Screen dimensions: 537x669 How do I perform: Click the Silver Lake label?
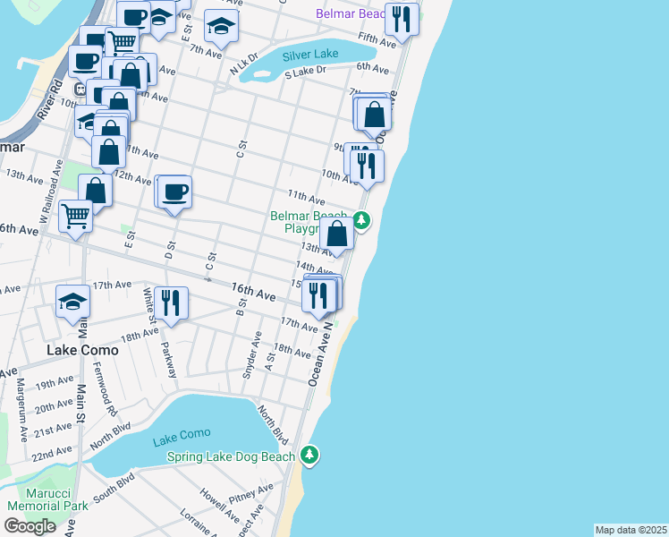[x=310, y=54]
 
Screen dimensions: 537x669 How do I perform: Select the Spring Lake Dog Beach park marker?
[x=309, y=456]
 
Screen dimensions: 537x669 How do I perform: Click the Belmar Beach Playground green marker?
[x=361, y=218]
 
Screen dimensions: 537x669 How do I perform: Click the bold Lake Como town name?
[x=82, y=350]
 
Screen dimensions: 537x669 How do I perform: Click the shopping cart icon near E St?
[x=76, y=215]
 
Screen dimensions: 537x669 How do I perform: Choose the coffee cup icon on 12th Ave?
[x=174, y=191]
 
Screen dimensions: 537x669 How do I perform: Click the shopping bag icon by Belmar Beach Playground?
[x=338, y=234]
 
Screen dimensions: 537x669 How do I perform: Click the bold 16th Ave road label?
[x=253, y=292]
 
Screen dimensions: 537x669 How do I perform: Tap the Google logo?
[x=30, y=526]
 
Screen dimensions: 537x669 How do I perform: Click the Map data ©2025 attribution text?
[x=631, y=530]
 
